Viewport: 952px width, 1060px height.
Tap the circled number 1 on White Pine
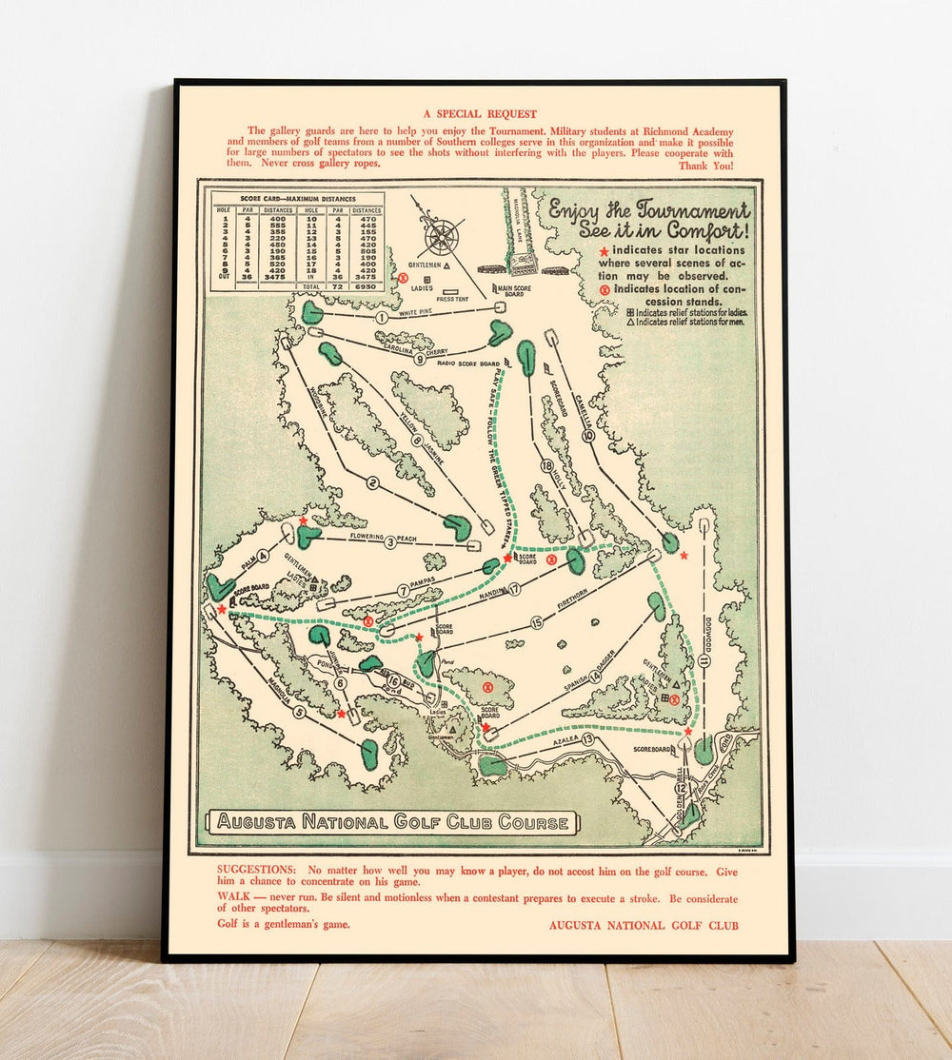(382, 318)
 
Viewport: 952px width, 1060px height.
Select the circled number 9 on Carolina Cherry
(420, 359)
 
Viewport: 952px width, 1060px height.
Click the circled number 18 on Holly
(546, 466)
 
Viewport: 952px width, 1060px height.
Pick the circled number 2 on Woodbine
(373, 483)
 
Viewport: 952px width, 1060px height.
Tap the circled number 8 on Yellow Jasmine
(416, 441)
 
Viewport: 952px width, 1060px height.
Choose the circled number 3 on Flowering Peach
(390, 542)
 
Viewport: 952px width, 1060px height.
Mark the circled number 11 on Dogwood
(704, 659)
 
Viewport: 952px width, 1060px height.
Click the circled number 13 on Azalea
(588, 739)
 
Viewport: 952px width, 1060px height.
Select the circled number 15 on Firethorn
(537, 623)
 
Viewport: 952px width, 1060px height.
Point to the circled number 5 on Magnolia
(299, 712)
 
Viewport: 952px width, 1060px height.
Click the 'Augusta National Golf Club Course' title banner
(391, 822)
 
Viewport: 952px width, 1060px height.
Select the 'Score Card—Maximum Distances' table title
(297, 199)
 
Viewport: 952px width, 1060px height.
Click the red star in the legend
(603, 251)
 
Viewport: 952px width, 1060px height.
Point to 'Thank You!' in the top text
(705, 166)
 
